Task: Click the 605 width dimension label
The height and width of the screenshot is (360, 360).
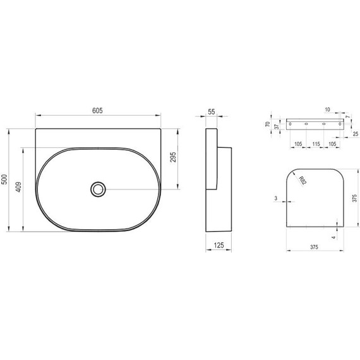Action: [97, 111]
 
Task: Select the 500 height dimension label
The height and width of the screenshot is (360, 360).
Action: [4, 179]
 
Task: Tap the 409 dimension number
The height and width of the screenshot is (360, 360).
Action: [18, 187]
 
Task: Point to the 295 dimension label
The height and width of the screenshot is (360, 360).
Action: [173, 157]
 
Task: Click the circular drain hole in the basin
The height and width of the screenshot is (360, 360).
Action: [99, 189]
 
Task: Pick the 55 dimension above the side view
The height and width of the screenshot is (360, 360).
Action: [211, 112]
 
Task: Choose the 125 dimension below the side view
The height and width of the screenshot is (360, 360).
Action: [219, 245]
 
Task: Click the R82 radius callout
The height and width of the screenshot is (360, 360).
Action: [303, 181]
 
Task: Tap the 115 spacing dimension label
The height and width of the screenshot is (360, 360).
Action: [316, 144]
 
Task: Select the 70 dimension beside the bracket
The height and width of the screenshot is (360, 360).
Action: [268, 124]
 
